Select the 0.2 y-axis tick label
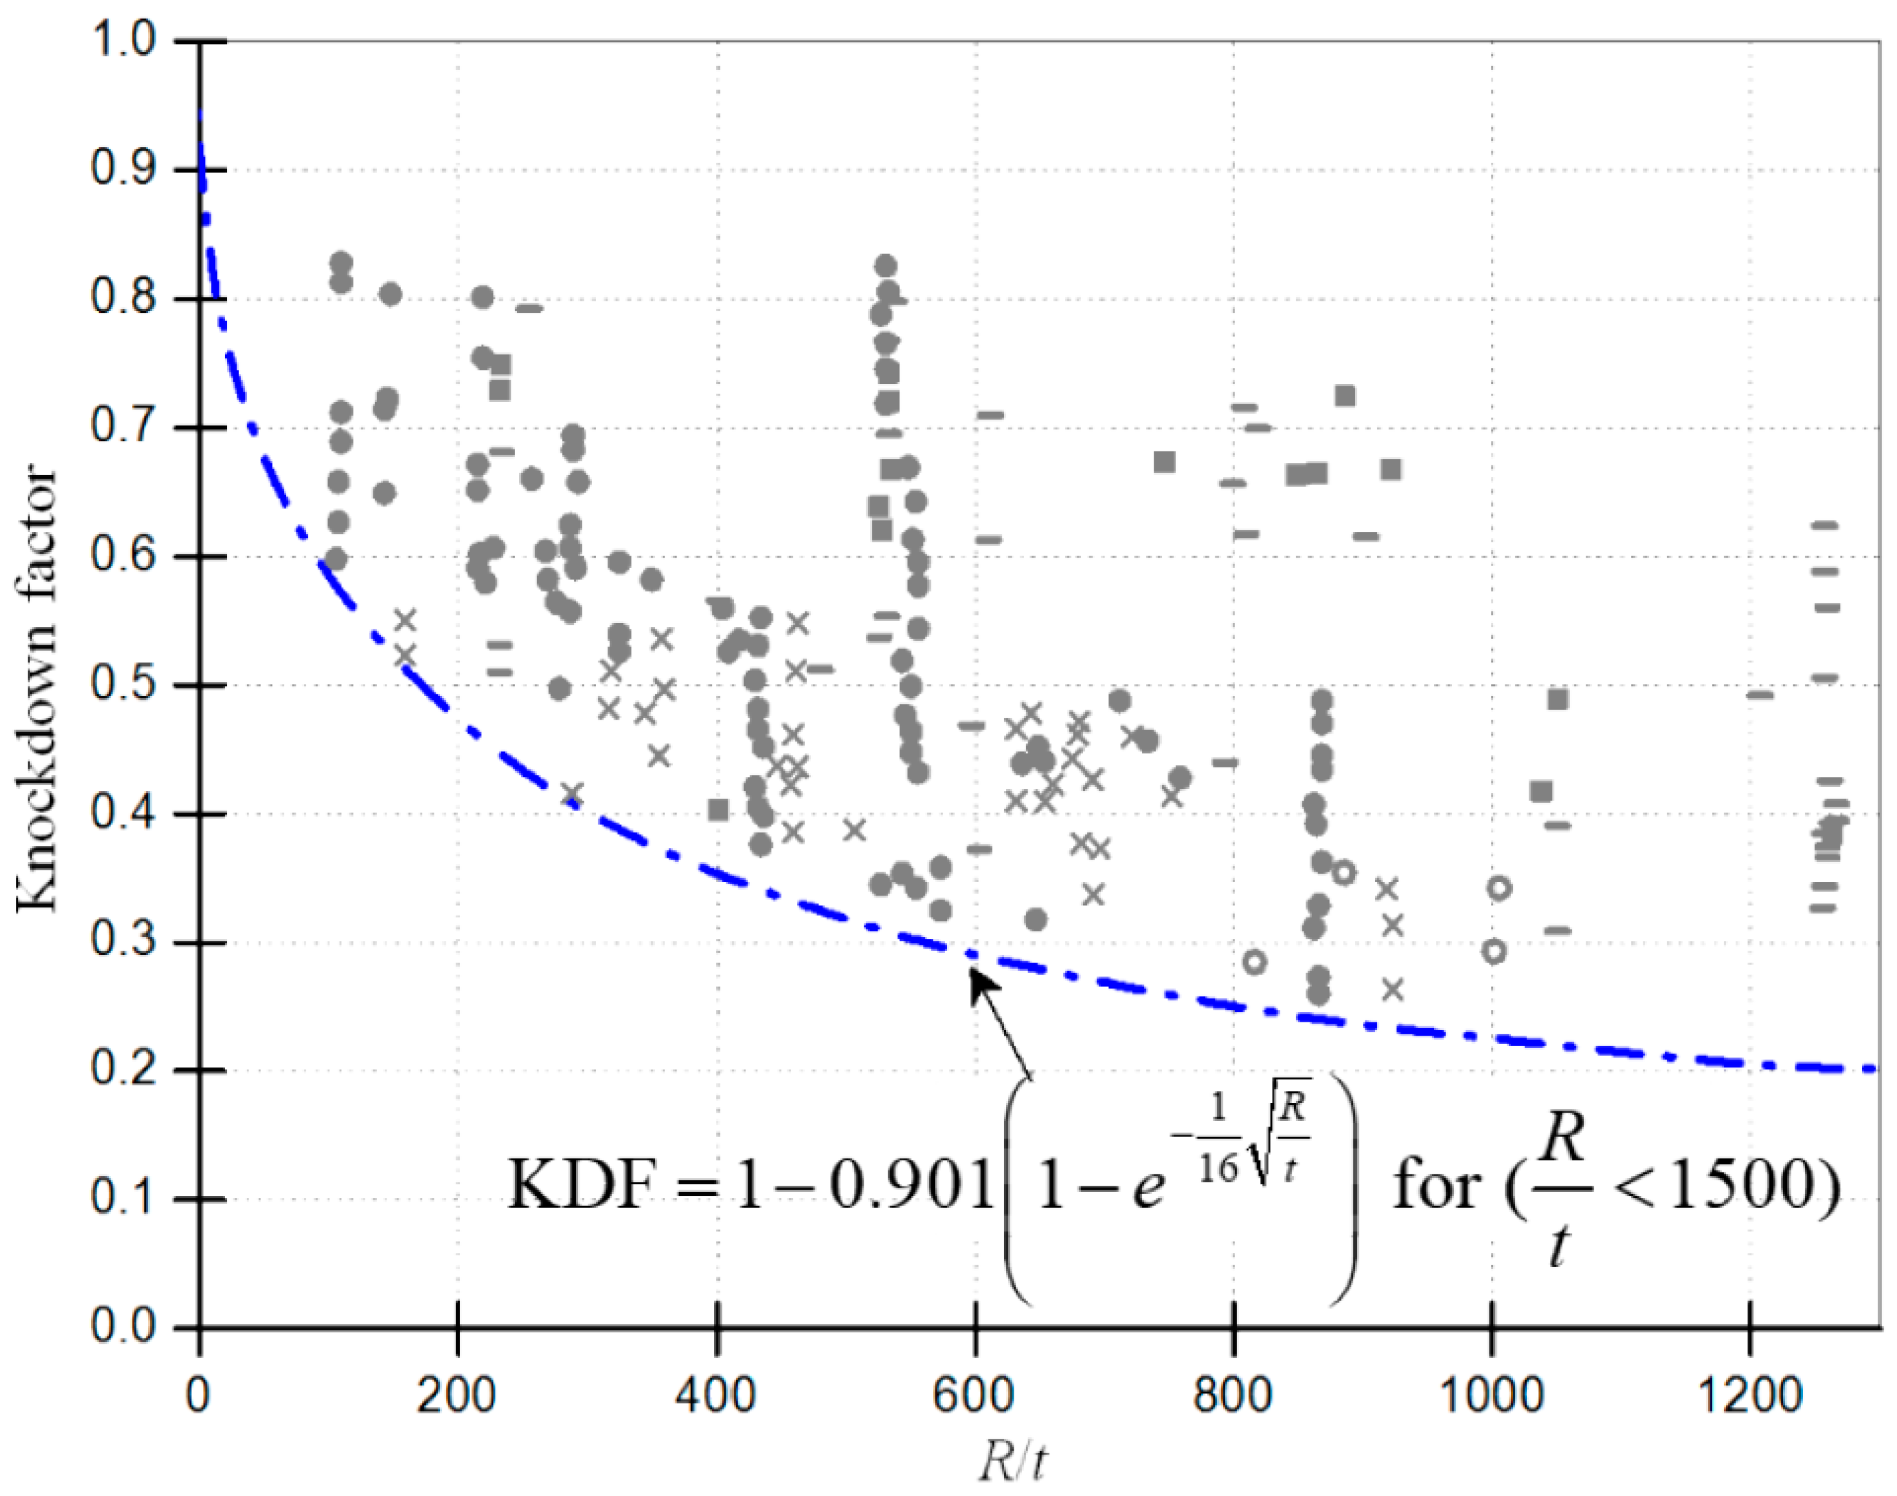click(122, 1070)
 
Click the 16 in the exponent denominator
click(1217, 1167)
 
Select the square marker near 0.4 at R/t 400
click(719, 809)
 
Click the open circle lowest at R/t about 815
click(1255, 963)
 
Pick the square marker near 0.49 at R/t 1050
click(1557, 699)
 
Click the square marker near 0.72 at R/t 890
click(1345, 396)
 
